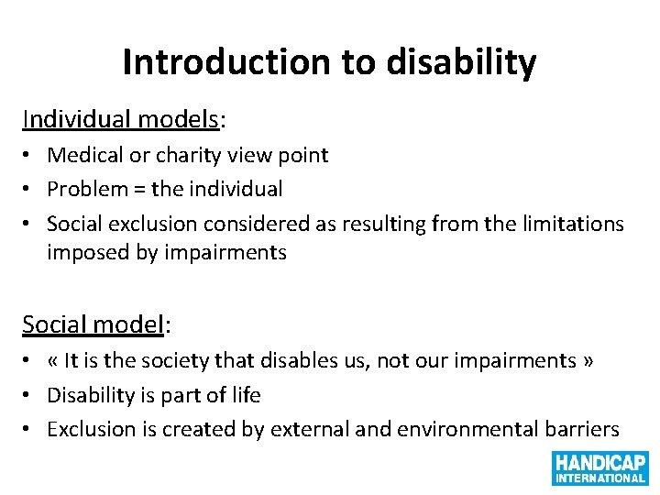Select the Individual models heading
coord(121,120)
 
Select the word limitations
coord(573,224)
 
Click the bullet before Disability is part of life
coord(31,396)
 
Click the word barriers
coord(581,429)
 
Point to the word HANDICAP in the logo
coord(599,462)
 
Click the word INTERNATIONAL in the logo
coord(599,478)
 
